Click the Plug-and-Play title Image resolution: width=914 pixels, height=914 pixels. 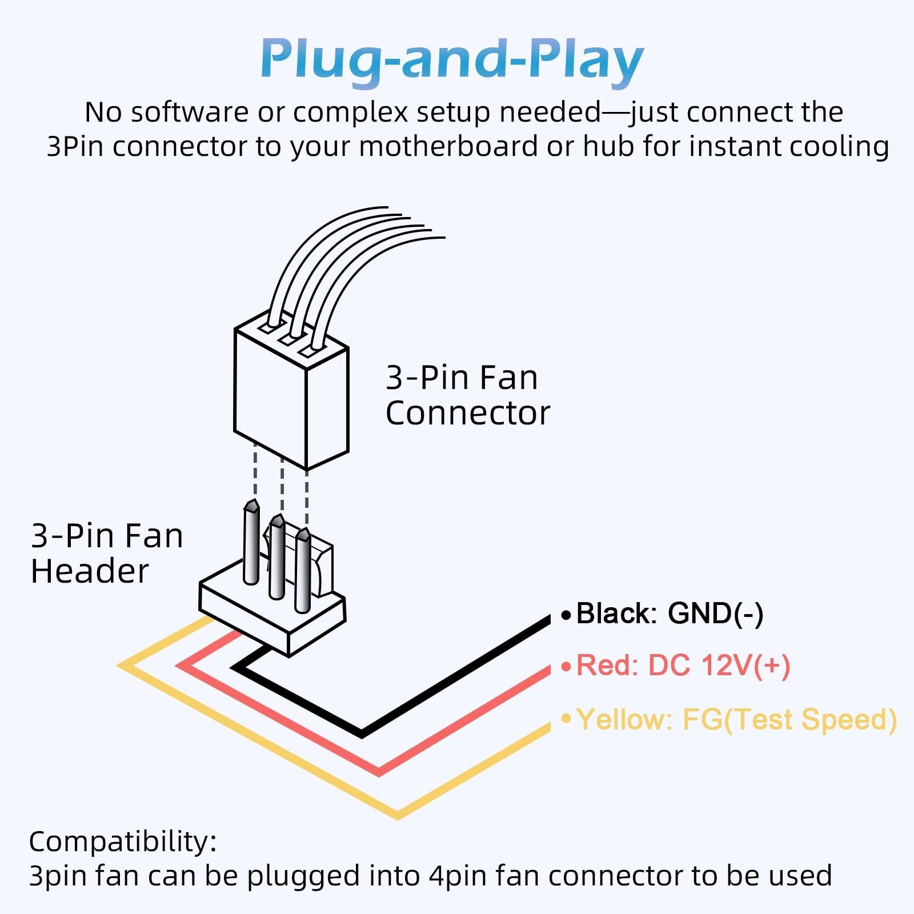[x=452, y=59]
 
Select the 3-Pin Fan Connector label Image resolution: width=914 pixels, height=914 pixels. [x=467, y=395]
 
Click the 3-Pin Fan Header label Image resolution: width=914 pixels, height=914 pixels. [x=107, y=553]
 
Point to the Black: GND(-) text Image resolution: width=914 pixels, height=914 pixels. [x=670, y=614]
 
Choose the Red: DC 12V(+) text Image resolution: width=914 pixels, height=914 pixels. [x=683, y=666]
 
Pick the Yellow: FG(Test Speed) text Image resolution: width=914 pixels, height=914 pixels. [x=736, y=719]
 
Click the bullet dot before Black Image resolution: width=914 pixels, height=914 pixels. [x=566, y=615]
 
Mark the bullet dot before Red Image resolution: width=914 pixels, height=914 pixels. [x=566, y=667]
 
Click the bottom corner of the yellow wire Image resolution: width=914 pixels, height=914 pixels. [x=398, y=813]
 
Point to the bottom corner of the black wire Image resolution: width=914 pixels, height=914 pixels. [x=362, y=732]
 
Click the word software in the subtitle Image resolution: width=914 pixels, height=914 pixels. [x=190, y=112]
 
